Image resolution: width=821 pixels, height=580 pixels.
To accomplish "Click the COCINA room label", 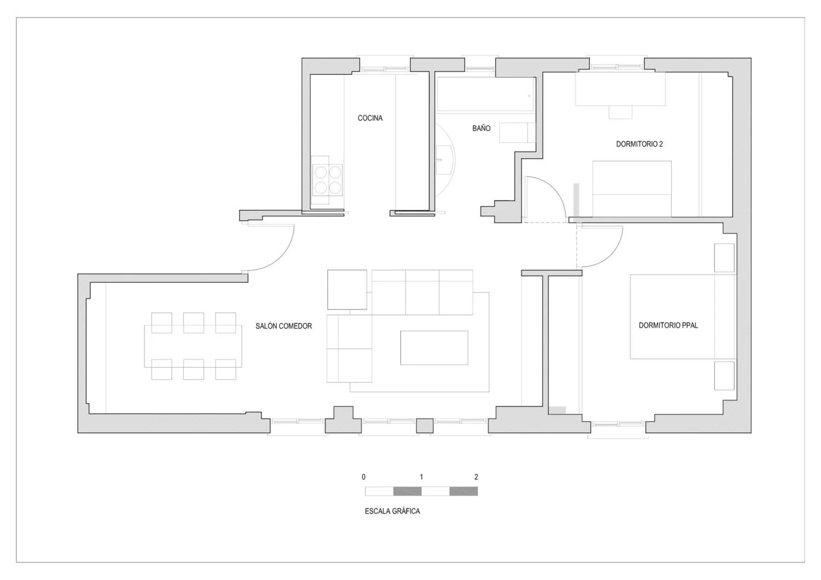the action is (x=370, y=118).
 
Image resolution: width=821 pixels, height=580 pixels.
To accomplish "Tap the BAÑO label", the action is (x=481, y=128).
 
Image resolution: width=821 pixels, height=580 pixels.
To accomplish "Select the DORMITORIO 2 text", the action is (x=639, y=144).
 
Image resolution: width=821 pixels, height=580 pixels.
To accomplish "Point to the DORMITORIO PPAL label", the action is (x=668, y=325).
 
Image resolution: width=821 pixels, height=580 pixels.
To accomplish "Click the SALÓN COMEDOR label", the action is (x=284, y=326).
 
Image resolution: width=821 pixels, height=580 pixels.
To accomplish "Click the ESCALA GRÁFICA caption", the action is (x=392, y=511).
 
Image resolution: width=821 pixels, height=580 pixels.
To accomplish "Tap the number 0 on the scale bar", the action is (x=363, y=477).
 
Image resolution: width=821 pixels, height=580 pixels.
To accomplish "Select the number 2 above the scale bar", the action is (x=476, y=477).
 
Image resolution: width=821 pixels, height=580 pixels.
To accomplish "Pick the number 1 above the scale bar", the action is (x=421, y=477).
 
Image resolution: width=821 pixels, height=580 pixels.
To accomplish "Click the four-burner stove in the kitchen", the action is (x=327, y=180).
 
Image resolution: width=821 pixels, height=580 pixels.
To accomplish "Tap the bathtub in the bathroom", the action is (x=485, y=94).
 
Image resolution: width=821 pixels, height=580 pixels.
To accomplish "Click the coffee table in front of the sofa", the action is (x=434, y=348).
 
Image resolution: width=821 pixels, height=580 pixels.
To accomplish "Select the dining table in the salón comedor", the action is (x=193, y=346).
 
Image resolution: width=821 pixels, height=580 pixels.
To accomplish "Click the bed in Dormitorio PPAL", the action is (x=683, y=317).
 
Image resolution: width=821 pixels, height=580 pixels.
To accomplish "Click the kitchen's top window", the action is (x=384, y=68).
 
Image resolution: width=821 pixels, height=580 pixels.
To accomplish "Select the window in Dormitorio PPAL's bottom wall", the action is (x=618, y=424).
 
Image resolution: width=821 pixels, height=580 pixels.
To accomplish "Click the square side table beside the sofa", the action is (x=347, y=289).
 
